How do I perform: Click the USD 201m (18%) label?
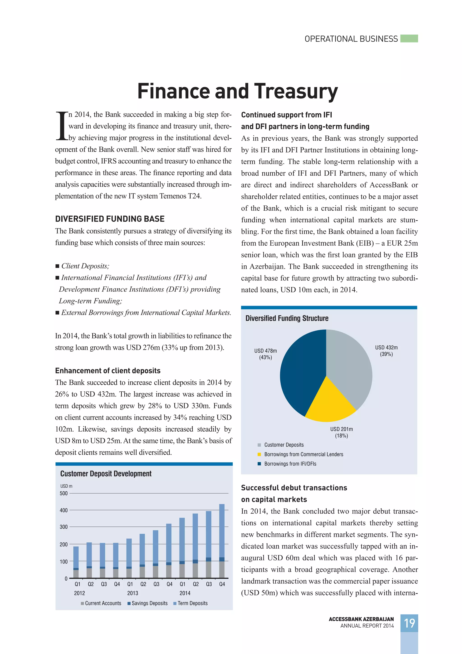click(x=341, y=432)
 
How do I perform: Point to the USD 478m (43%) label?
click(x=266, y=354)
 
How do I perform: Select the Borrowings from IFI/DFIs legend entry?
click(x=290, y=464)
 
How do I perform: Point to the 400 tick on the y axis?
click(x=64, y=510)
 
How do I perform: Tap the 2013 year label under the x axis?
click(x=133, y=593)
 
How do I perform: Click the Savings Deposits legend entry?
click(x=149, y=603)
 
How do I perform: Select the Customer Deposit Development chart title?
click(x=106, y=474)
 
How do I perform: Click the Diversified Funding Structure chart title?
click(x=287, y=318)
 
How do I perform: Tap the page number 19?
click(x=409, y=623)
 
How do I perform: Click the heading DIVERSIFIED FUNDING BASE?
click(x=110, y=219)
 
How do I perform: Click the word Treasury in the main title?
click(x=296, y=91)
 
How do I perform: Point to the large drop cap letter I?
click(x=61, y=126)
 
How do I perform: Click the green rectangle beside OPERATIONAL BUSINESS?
click(x=409, y=38)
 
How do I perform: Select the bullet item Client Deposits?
click(x=85, y=266)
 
